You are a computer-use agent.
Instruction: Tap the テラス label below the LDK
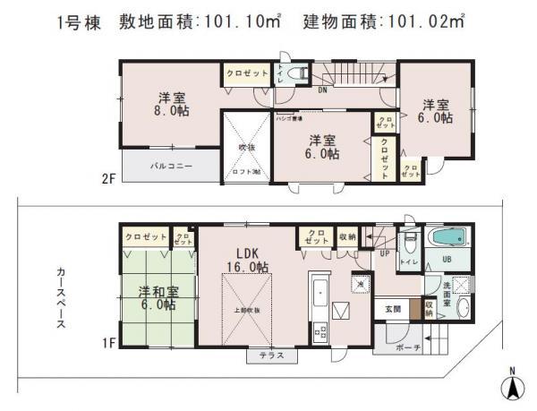pos(270,355)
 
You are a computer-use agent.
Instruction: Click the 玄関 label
pos(393,309)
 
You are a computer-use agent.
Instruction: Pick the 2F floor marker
pos(108,178)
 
